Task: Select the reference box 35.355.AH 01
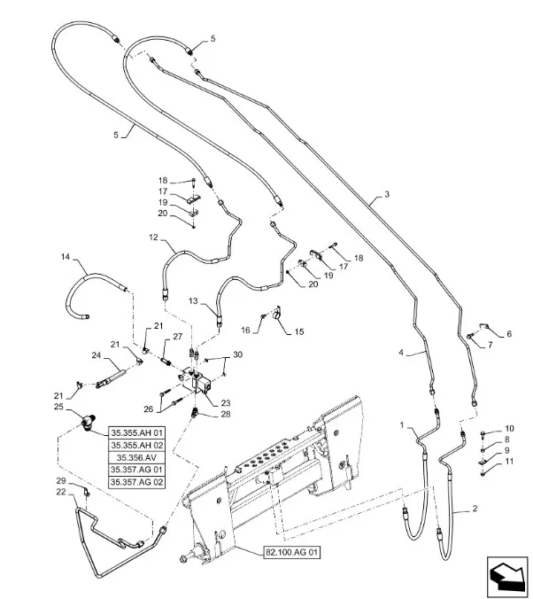pos(137,432)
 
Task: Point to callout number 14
pos(65,257)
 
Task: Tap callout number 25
pos(59,408)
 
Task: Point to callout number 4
pos(400,353)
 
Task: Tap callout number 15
pos(299,331)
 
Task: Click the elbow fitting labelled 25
pos(89,422)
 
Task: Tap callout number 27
pos(177,337)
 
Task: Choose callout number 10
pos(509,429)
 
